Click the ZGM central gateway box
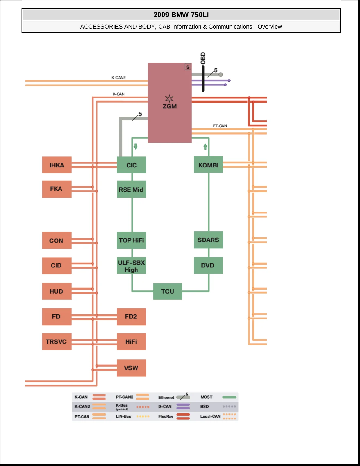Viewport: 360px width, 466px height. pyautogui.click(x=169, y=103)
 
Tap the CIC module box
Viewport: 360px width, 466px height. pyautogui.click(x=131, y=165)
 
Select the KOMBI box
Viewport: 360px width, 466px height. pyautogui.click(x=208, y=164)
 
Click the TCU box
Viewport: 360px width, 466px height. pyautogui.click(x=168, y=291)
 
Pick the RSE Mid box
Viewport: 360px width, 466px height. pyautogui.click(x=132, y=189)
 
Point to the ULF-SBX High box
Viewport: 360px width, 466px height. pyautogui.click(x=131, y=265)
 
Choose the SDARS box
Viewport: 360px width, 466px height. pyautogui.click(x=208, y=240)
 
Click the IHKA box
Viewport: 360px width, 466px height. pyautogui.click(x=57, y=165)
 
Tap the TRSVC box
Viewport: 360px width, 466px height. pyautogui.click(x=57, y=341)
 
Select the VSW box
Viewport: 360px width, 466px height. pyautogui.click(x=131, y=368)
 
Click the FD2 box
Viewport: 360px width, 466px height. pyautogui.click(x=131, y=317)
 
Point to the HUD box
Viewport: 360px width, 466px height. pyautogui.click(x=57, y=291)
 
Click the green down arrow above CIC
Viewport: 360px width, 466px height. pyautogui.click(x=135, y=146)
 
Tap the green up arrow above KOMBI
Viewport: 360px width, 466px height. pyautogui.click(x=205, y=146)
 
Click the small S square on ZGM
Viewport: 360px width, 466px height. pyautogui.click(x=187, y=67)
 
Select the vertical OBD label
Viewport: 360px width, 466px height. pyautogui.click(x=203, y=58)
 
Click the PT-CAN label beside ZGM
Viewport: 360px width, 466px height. pyautogui.click(x=220, y=126)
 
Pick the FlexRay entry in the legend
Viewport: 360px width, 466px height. pyautogui.click(x=174, y=416)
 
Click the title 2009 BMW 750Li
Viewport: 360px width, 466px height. pyautogui.click(x=181, y=15)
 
